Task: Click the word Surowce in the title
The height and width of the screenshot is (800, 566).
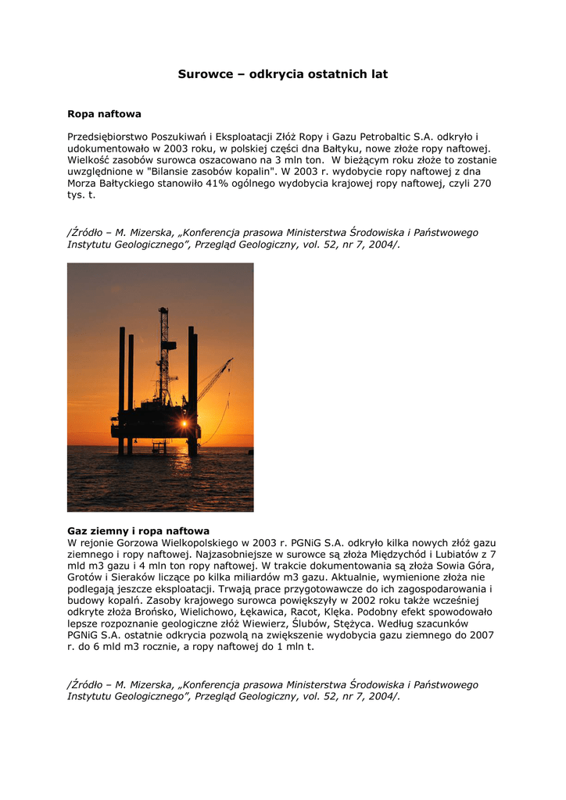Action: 206,74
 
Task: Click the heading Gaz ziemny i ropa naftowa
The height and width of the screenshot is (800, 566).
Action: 138,530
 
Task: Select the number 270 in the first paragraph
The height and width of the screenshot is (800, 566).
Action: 482,183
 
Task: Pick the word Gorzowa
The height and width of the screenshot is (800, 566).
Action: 136,542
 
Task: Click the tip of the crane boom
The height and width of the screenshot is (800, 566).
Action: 231,359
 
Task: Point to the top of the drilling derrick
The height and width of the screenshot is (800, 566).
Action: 163,309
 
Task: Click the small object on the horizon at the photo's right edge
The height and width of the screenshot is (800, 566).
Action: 249,451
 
